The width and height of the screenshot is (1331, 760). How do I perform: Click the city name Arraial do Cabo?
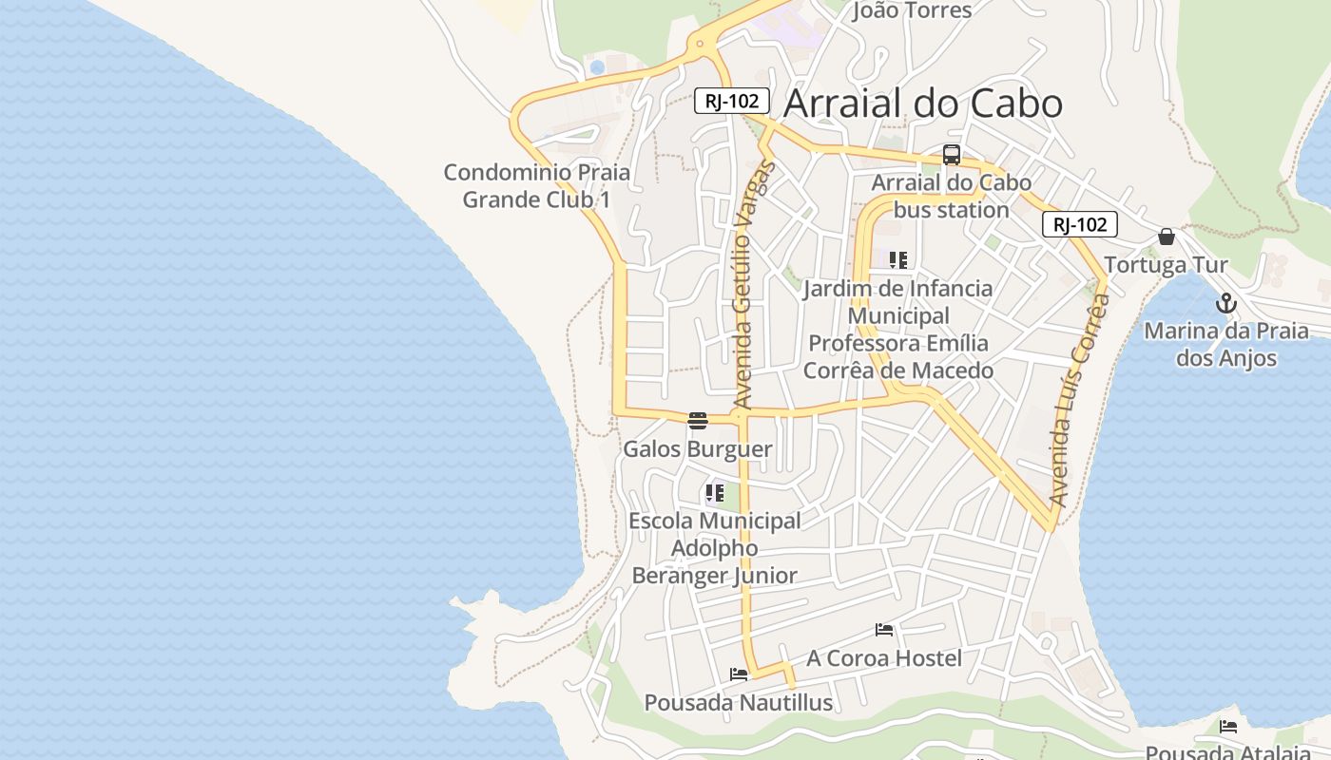[922, 103]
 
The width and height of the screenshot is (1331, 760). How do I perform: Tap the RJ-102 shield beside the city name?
[731, 101]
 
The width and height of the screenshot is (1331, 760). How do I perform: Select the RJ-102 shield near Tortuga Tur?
[1079, 225]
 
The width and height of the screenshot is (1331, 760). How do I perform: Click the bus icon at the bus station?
[951, 155]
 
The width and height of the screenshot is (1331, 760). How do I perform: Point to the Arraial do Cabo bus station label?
[951, 196]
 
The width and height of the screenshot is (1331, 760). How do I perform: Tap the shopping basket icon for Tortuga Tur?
[1167, 237]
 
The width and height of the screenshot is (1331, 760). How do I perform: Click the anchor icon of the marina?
[1226, 304]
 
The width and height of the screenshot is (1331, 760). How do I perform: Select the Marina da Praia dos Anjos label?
[1225, 345]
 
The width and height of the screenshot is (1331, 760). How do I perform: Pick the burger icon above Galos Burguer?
[697, 421]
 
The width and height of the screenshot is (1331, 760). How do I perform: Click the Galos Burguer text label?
[697, 449]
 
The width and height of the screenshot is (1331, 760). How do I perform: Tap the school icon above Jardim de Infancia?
[897, 259]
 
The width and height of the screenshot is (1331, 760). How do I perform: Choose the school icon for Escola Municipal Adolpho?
[714, 493]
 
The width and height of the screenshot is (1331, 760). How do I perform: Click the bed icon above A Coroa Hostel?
[884, 630]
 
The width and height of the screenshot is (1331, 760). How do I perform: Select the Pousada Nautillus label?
[738, 703]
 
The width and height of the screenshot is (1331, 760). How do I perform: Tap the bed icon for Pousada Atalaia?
[1228, 727]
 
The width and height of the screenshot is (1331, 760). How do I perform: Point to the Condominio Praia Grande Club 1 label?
[536, 186]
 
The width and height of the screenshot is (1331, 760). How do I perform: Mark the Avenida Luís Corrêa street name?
[1079, 399]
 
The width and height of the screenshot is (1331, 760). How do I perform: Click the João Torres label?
[912, 10]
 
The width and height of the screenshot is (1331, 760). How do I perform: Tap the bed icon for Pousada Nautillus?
[739, 674]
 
